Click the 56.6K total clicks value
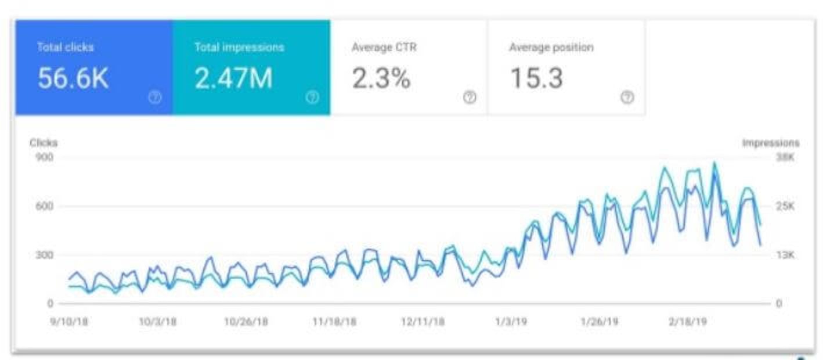pos(73,79)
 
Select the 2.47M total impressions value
pos(233,79)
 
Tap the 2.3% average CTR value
pos(381,79)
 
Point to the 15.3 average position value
pos(536,79)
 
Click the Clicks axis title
pos(44,143)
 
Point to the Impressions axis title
pos(771,143)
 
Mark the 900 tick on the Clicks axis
pos(45,157)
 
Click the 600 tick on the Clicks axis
pos(45,206)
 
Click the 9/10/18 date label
pos(68,322)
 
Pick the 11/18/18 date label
pos(335,322)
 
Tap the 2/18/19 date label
pos(687,322)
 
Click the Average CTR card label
pos(384,48)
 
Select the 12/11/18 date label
pos(423,322)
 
